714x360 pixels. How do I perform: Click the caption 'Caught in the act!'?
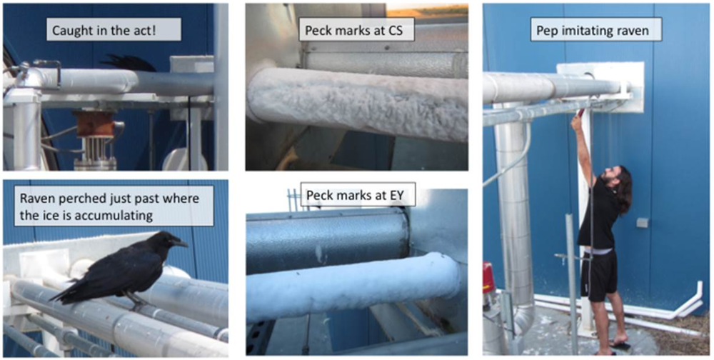[115, 30]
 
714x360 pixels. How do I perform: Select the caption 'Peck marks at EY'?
[355, 195]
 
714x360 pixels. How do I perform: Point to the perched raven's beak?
[181, 244]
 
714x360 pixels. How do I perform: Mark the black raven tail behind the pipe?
[129, 64]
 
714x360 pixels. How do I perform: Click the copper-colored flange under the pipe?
[95, 124]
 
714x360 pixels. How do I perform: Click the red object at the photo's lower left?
[488, 278]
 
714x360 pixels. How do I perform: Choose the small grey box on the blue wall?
[643, 223]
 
